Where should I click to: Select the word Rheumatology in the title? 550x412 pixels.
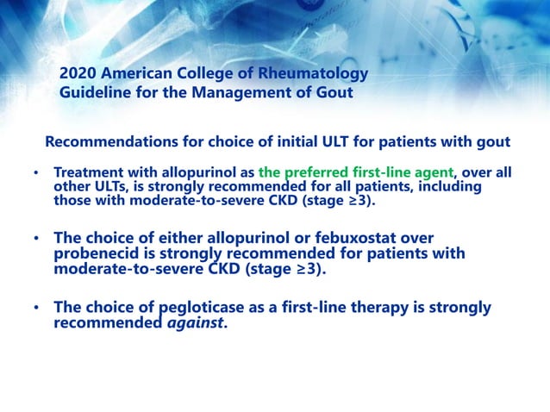click(x=316, y=74)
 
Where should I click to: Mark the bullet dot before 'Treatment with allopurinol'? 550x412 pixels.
click(x=36, y=173)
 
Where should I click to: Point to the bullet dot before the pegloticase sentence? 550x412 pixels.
click(x=36, y=308)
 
